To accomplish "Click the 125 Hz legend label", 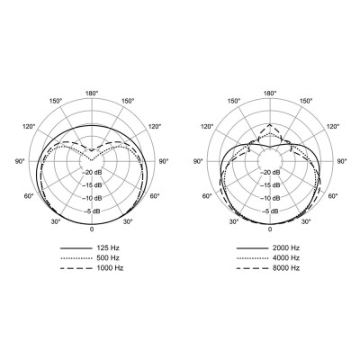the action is (108, 248).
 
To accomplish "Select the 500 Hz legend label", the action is (108, 258).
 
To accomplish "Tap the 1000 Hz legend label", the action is (110, 268).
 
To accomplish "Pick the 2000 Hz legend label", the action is (286, 248).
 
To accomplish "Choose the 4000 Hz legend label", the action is (286, 258).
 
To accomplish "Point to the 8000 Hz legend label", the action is (286, 268).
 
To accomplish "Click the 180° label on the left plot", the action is (92, 94).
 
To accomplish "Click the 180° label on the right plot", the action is (270, 94).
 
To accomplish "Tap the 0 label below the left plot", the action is (92, 229).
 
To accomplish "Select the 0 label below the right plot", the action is (270, 229).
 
